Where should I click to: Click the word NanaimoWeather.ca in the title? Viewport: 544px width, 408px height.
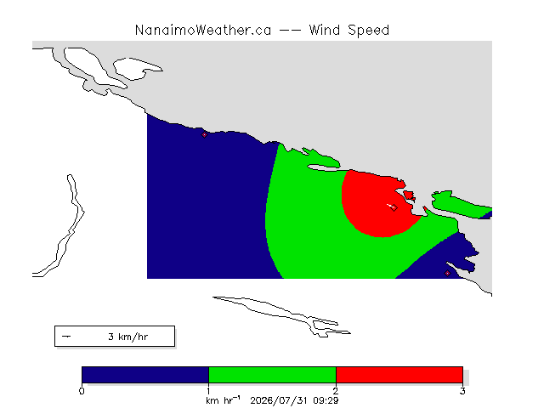(203, 31)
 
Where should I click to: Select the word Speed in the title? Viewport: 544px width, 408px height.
(368, 31)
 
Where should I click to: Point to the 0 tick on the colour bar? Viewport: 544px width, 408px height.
(82, 391)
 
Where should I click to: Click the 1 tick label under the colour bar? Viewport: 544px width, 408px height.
(208, 391)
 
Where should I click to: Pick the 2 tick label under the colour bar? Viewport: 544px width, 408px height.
(336, 391)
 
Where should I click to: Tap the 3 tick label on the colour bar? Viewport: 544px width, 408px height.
(462, 391)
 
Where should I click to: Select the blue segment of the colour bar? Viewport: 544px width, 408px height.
(145, 375)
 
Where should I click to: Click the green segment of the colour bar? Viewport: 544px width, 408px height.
(272, 375)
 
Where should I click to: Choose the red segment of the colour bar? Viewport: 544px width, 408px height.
(399, 375)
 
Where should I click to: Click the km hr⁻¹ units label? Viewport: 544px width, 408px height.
(223, 400)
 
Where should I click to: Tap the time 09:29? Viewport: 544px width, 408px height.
(326, 400)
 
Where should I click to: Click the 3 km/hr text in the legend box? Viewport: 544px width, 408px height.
(128, 337)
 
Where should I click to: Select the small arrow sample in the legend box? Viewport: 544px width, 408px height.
(66, 337)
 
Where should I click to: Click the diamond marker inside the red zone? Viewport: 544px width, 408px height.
(394, 207)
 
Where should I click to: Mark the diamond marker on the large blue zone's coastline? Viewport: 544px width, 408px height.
(204, 134)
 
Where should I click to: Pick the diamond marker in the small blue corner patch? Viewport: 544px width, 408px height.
(448, 274)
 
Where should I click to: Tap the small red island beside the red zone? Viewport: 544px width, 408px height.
(409, 195)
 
